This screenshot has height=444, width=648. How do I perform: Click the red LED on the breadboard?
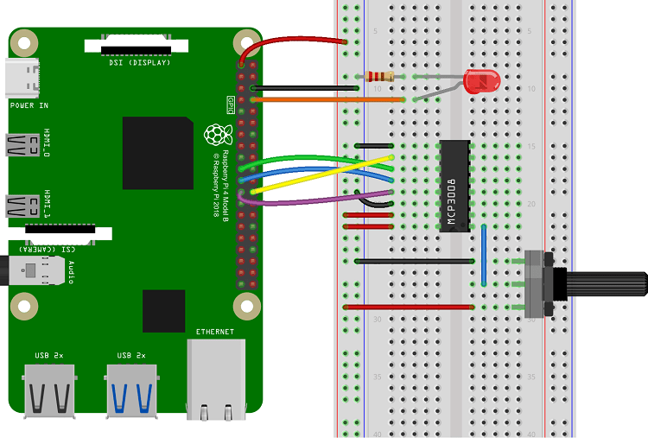[481, 82]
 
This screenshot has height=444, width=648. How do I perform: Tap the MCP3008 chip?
[454, 186]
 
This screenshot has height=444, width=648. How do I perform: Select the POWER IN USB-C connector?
[21, 79]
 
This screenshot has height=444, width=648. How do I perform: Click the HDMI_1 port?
[20, 206]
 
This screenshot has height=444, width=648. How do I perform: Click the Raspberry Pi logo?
[217, 136]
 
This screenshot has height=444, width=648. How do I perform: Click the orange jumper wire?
[328, 100]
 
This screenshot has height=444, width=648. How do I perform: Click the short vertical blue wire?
[484, 255]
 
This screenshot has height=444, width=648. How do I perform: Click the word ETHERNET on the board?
[215, 332]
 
